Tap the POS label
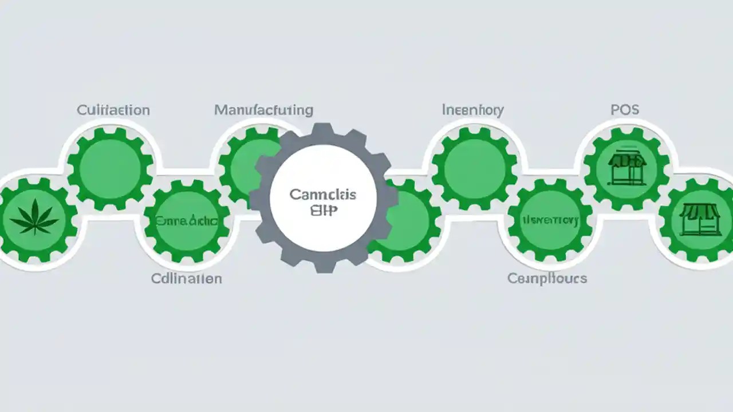click(x=625, y=110)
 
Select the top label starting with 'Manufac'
click(x=263, y=109)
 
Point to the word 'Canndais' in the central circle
click(x=323, y=195)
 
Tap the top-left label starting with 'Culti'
click(x=113, y=110)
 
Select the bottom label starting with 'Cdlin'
click(x=187, y=279)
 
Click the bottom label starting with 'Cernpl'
click(x=547, y=279)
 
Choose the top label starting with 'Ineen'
click(x=473, y=109)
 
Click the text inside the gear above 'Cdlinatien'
click(x=187, y=221)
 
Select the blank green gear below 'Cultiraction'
click(x=110, y=169)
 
